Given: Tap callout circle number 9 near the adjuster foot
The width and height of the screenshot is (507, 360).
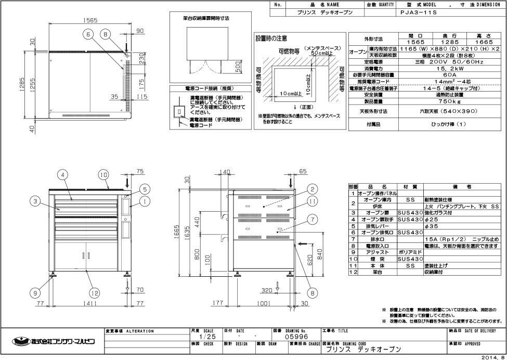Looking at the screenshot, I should pyautogui.click(x=36, y=293).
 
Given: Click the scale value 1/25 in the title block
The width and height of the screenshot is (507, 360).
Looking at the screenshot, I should pyautogui.click(x=204, y=337).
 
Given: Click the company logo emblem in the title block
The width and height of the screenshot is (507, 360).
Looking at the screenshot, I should pyautogui.click(x=21, y=341).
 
